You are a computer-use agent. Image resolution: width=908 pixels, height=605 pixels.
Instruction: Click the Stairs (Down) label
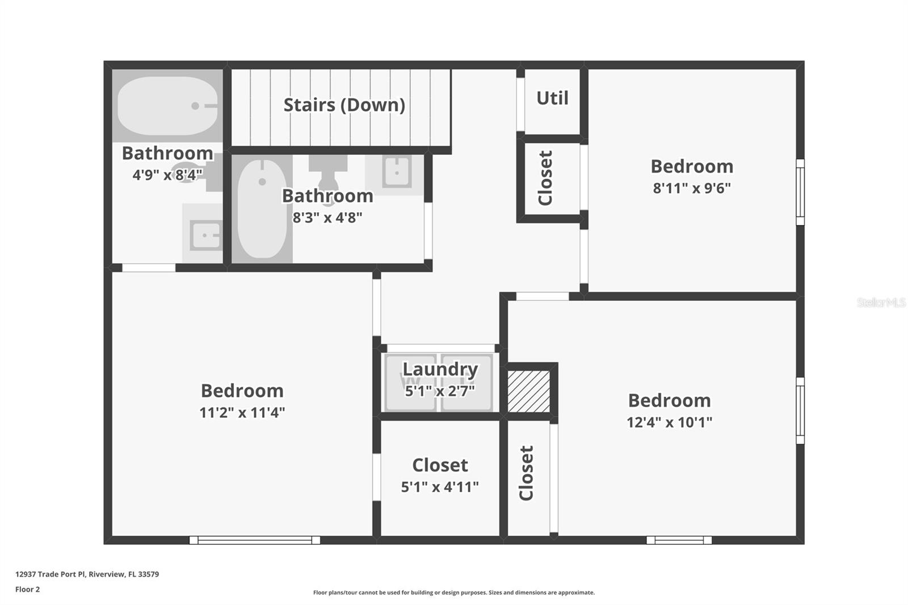click(344, 105)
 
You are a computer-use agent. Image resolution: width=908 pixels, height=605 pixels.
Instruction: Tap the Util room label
click(552, 98)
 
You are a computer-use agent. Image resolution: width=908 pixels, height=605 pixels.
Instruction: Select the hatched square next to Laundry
click(529, 391)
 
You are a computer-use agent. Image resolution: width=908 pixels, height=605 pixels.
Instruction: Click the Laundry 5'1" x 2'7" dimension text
click(440, 391)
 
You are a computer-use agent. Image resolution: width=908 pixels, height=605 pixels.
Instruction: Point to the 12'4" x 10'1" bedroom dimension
click(669, 422)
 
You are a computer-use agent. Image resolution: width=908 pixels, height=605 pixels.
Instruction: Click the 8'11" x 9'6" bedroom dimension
click(692, 188)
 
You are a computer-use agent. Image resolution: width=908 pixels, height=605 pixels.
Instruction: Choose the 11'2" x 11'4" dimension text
click(242, 413)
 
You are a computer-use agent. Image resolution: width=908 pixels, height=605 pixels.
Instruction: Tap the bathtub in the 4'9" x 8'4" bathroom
click(167, 106)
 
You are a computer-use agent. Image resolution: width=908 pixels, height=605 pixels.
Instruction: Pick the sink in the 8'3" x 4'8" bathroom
click(396, 170)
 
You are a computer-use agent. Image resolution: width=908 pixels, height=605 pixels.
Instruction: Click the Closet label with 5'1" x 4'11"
click(440, 465)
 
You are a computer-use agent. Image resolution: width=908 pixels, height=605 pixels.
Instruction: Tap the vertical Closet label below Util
click(545, 178)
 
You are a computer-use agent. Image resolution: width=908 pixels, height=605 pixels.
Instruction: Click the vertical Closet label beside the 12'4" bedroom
click(527, 473)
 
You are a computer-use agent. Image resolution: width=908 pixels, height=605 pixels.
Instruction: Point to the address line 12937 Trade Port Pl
click(87, 574)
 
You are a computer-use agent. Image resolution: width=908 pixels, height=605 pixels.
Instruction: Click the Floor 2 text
click(27, 589)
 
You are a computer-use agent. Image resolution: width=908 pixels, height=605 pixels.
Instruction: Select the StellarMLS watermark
click(881, 302)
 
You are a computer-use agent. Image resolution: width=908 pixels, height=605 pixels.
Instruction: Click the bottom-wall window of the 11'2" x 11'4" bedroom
click(254, 540)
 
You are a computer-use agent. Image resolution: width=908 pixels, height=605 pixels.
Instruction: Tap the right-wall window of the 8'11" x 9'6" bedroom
click(800, 192)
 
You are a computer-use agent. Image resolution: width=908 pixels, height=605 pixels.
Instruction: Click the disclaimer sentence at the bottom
click(453, 593)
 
